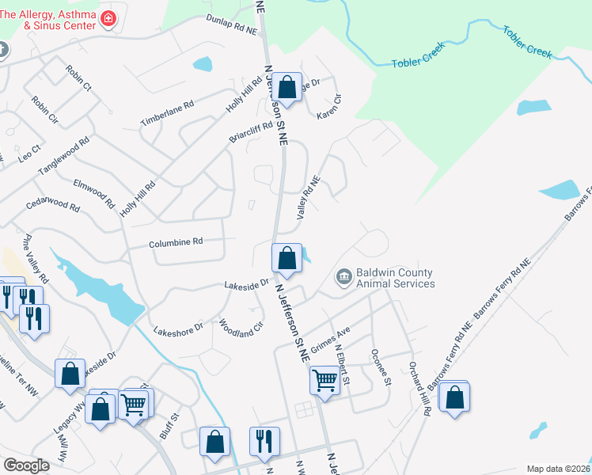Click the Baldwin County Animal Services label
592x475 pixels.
395,278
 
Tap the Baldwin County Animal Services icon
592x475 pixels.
344,275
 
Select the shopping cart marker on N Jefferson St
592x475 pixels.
324,382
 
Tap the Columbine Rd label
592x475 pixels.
176,243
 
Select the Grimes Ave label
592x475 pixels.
330,341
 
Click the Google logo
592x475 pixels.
26,465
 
